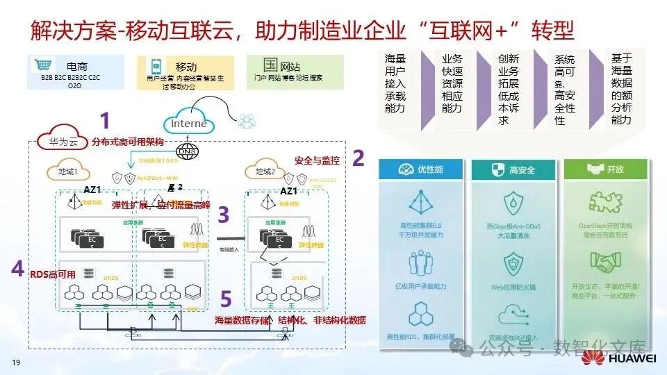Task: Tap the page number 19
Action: click(15, 363)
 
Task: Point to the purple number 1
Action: click(105, 122)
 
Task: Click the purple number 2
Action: click(358, 158)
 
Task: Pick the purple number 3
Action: click(224, 215)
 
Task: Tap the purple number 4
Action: click(17, 269)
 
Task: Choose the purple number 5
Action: click(225, 299)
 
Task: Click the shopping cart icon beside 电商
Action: click(41, 65)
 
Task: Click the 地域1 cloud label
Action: click(69, 172)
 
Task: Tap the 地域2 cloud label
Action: click(269, 172)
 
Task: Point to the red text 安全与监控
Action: click(318, 160)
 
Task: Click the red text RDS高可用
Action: click(52, 274)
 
